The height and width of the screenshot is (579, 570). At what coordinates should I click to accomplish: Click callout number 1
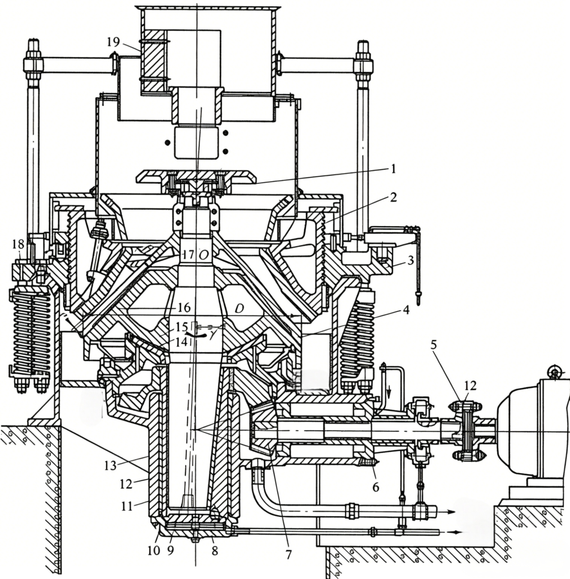pos(393,170)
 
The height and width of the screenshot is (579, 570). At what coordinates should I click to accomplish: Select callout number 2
pos(393,197)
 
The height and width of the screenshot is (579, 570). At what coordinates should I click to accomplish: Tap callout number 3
pos(411,260)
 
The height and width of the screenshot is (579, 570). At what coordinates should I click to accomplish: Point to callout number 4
pos(406,310)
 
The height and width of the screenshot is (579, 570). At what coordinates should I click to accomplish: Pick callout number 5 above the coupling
pos(434,345)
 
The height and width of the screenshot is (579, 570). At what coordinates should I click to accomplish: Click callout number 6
pos(376,487)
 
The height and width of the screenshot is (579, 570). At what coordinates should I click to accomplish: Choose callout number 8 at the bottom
pos(214,551)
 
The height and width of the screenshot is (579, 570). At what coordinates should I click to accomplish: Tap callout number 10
pos(154,551)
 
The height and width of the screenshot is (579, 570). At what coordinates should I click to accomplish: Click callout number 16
pos(184,307)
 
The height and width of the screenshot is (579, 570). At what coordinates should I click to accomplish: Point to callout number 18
pos(18,244)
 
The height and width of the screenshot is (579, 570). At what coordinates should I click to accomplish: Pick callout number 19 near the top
pos(114,42)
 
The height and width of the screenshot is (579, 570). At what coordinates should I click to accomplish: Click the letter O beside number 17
pos(203,255)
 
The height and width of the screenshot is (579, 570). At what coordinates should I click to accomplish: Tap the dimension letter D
pos(239,308)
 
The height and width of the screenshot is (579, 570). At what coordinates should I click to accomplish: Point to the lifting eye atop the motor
pos(555,371)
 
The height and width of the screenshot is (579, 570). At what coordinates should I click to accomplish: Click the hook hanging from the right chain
pos(419,297)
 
